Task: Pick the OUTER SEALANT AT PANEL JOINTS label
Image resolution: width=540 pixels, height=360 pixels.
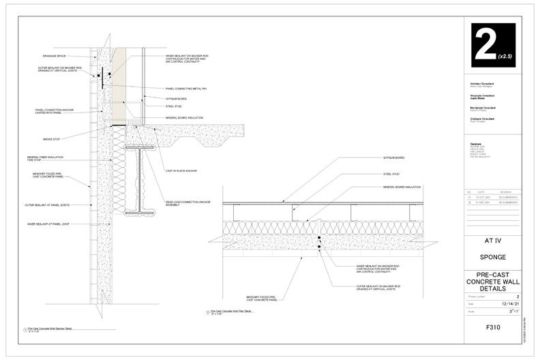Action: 47,205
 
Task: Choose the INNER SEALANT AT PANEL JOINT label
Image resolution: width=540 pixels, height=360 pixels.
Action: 48,224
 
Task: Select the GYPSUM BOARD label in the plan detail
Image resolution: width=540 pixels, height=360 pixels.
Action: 393,158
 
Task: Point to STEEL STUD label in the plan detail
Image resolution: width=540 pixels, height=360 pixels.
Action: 391,174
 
